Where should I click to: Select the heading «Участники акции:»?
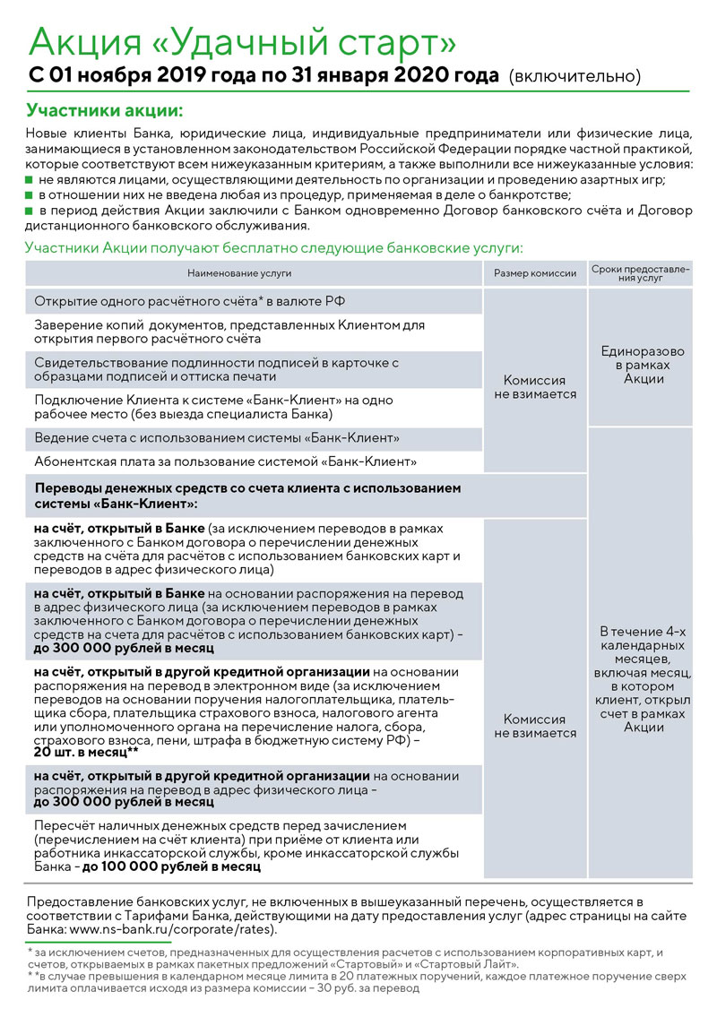105,111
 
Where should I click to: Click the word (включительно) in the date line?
574,77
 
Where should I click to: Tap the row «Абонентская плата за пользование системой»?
225,462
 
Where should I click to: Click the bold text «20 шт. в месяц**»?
86,754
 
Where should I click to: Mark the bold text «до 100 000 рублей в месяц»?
170,866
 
